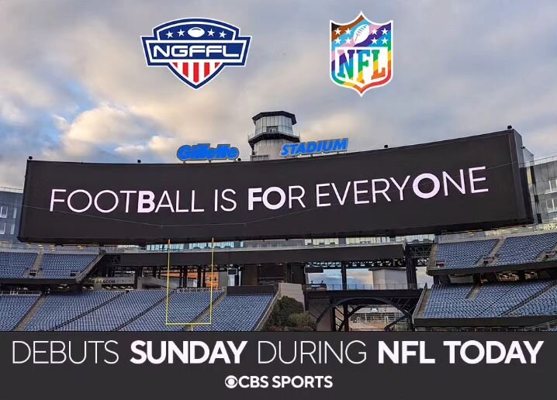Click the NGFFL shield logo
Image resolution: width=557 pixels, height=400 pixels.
(x=195, y=52)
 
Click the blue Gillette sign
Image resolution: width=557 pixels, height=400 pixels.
(x=207, y=151)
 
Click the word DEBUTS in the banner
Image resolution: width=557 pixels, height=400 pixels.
(x=66, y=352)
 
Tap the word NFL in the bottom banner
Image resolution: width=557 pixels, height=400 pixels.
(x=404, y=352)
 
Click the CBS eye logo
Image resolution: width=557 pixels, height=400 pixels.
(x=230, y=382)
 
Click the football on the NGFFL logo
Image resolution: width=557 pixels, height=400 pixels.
(x=195, y=32)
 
